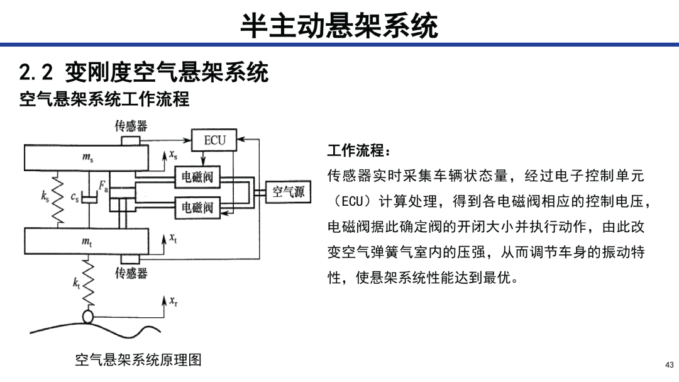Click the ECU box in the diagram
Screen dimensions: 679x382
214,140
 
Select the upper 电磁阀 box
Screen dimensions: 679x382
197,177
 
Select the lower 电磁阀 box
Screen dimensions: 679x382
197,207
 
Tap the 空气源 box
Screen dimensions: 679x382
288,192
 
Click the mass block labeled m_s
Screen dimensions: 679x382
86,157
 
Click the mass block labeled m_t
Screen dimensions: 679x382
86,241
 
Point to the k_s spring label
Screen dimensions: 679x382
45,196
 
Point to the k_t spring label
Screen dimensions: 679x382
76,283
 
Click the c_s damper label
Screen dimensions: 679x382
75,197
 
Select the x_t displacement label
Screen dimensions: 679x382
174,238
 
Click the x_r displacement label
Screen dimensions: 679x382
174,301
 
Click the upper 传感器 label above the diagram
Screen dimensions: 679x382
131,126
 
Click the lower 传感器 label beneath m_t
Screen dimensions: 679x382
131,272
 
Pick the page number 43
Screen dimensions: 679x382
670,364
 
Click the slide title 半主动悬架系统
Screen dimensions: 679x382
339,26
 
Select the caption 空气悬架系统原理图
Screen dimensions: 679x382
138,359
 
